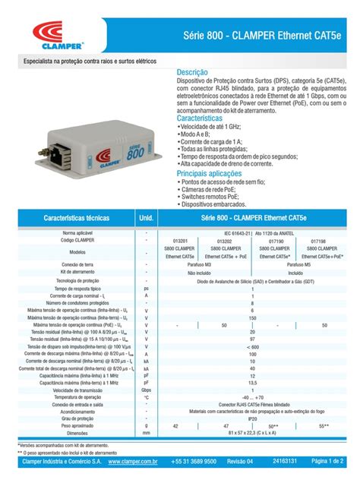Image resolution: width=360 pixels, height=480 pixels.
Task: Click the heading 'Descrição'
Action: [x=192, y=72]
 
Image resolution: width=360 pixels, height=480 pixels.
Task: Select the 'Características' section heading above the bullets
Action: [x=199, y=119]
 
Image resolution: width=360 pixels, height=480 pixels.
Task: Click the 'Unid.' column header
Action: [x=147, y=217]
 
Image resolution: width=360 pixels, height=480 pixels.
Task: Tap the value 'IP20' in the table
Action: [x=252, y=418]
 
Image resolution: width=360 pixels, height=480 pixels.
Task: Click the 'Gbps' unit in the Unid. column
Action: [x=146, y=390]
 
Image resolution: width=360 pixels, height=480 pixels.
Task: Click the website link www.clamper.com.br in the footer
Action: [x=133, y=461]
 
